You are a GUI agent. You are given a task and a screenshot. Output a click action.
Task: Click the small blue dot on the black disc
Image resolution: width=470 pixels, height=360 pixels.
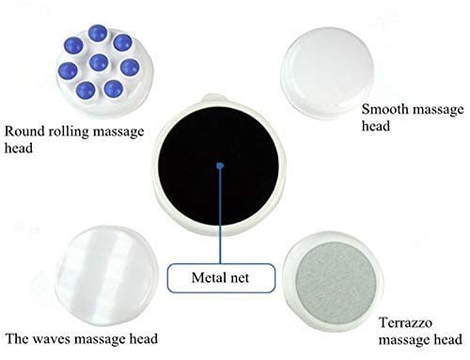[x=218, y=166]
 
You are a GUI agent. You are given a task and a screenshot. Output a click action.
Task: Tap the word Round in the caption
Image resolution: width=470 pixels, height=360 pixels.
[x=21, y=131]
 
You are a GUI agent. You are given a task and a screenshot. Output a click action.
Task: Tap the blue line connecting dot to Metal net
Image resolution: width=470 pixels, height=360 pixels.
[x=218, y=216]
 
